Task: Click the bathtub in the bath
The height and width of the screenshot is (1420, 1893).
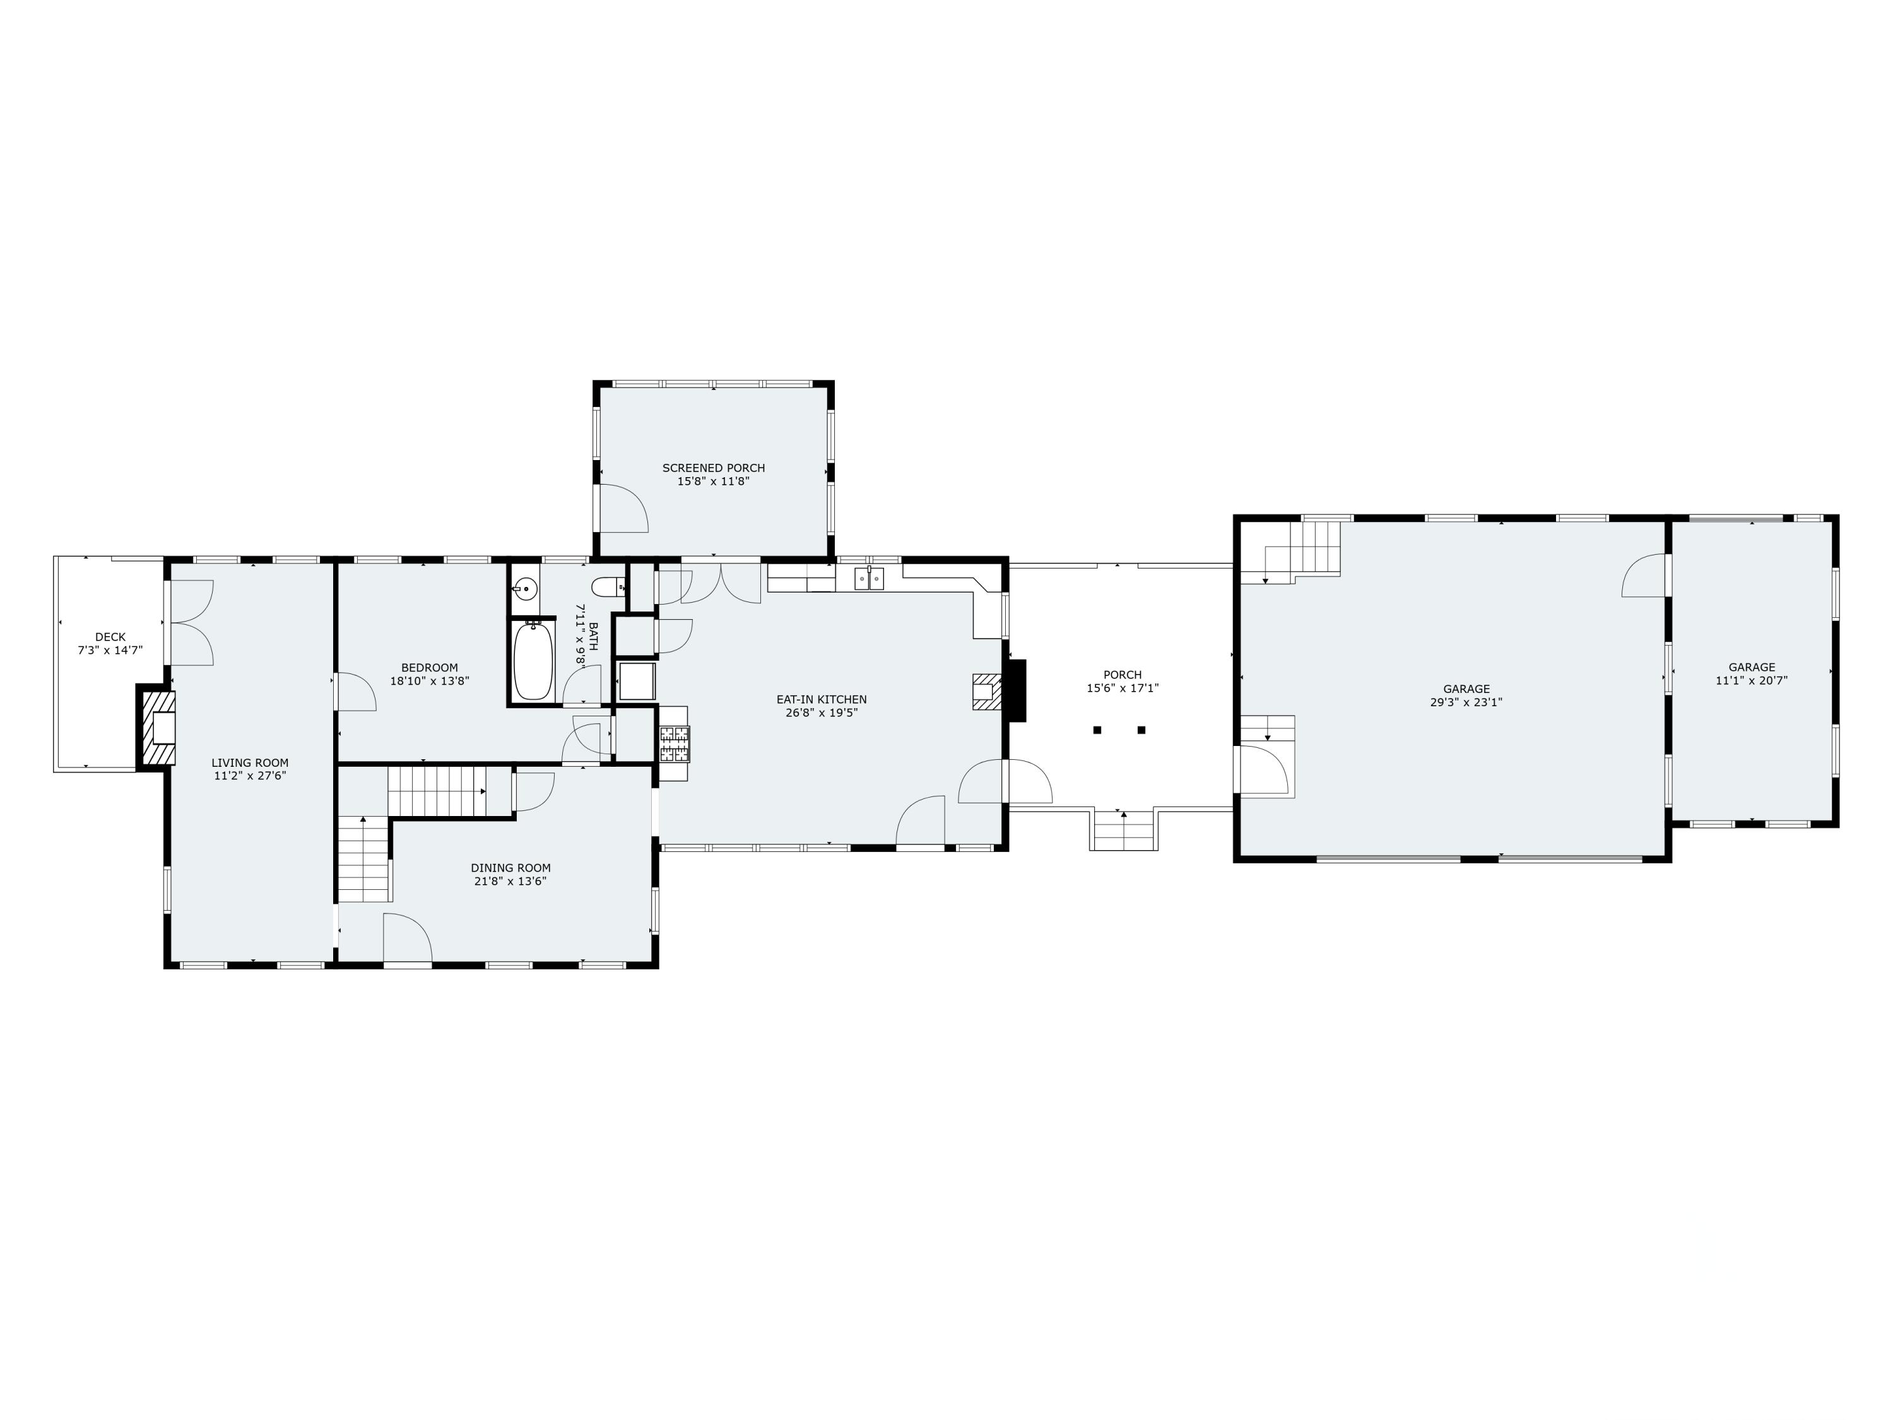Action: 534,660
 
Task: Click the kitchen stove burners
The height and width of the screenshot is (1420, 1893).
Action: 673,744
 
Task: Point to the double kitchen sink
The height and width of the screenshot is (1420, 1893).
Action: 870,579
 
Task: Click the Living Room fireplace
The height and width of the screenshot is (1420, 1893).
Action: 159,728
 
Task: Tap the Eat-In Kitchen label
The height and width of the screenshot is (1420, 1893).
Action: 821,699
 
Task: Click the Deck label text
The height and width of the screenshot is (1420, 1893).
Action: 110,637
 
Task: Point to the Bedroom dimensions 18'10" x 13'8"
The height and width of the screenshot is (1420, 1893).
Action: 430,682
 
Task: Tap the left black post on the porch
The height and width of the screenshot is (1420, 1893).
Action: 1097,730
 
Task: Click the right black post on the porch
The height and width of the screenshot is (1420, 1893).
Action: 1141,730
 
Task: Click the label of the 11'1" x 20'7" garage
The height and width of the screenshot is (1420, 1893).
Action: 1751,668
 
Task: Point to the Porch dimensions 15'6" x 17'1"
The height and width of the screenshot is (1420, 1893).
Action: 1122,688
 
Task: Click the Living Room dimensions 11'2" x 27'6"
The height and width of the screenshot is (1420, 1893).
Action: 250,776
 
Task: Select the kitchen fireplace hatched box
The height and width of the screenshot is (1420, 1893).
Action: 985,690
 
